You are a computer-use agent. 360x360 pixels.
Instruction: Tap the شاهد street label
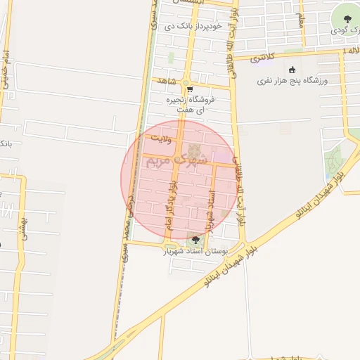166,81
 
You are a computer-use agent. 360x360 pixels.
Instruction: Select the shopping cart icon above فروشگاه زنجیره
190,89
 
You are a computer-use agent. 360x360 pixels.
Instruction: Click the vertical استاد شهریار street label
209,209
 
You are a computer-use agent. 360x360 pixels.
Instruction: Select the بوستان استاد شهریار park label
196,250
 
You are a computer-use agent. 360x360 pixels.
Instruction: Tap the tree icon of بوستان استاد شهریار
195,240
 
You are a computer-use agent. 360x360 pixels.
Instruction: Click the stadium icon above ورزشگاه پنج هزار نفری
292,69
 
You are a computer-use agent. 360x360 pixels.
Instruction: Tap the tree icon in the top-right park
346,18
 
